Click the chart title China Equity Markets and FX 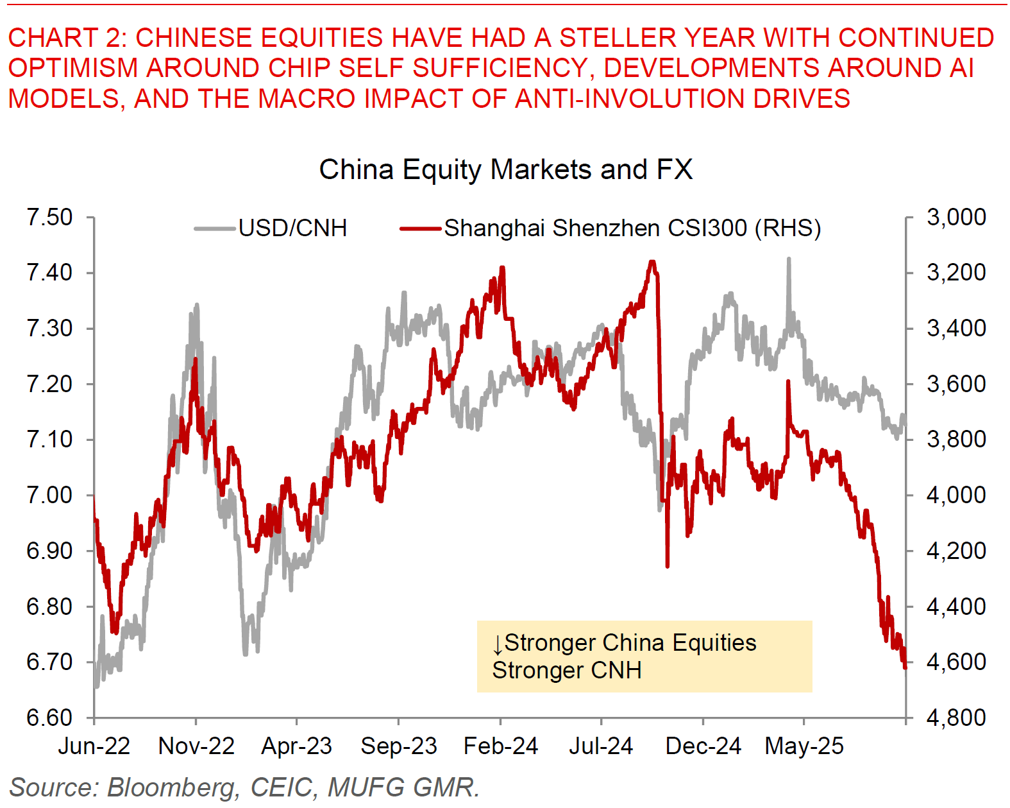point(505,170)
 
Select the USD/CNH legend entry point(292,228)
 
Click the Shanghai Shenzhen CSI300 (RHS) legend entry point(632,228)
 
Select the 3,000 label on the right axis point(956,218)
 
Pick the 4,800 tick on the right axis point(956,718)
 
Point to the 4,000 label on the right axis point(956,495)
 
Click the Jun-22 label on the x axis point(94,746)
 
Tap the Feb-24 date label point(501,746)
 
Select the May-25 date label point(804,746)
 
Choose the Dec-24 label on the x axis point(703,746)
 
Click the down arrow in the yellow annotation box point(498,644)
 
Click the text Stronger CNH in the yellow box point(567,671)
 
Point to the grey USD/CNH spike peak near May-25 point(789,259)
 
